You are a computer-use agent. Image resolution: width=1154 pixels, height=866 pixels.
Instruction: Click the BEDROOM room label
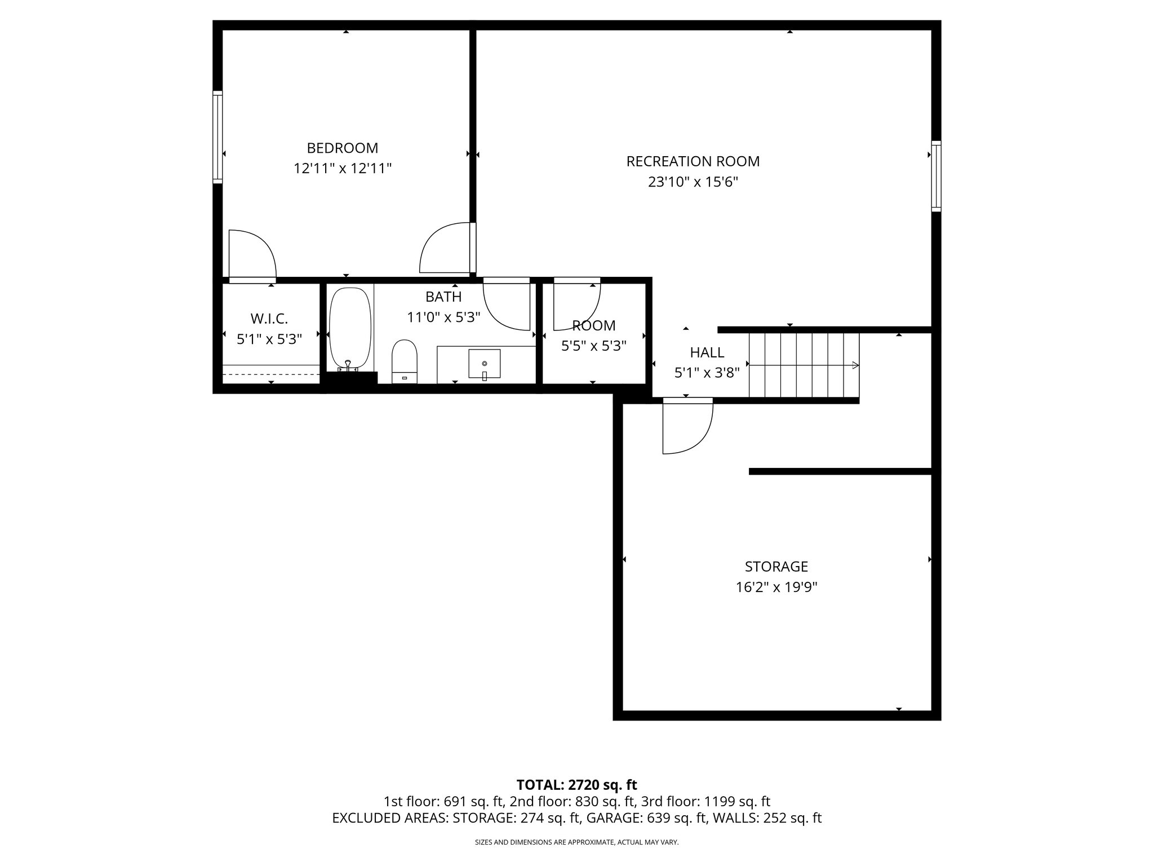(342, 148)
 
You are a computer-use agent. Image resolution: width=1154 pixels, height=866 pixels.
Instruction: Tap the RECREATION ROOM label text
(693, 161)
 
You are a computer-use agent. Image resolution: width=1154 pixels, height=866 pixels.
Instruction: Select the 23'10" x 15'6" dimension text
(693, 182)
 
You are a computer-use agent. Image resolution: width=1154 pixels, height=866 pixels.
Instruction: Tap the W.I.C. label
(269, 319)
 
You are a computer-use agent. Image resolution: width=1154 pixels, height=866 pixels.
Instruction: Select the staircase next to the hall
(804, 365)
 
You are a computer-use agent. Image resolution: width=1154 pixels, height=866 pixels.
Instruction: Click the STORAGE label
(776, 566)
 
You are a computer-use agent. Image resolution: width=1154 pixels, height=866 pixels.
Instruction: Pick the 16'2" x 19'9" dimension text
(776, 587)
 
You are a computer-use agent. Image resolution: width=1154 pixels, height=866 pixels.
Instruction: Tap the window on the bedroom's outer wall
(218, 137)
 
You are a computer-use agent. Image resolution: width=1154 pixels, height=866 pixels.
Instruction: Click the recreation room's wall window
(936, 176)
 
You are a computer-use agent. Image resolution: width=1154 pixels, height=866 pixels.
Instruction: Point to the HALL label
(707, 352)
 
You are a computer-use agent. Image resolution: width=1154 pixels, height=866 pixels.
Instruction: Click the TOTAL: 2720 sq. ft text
(576, 785)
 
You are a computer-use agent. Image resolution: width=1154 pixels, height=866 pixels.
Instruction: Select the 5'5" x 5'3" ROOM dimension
(593, 346)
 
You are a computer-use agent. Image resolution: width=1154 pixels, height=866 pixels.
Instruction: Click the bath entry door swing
(507, 304)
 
